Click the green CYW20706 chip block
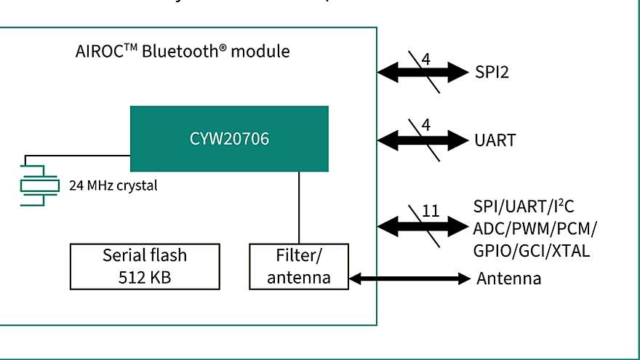pyautogui.click(x=229, y=138)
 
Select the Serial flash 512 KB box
pyautogui.click(x=144, y=265)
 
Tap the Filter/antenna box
pyautogui.click(x=299, y=266)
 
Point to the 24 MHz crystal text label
pyautogui.click(x=113, y=185)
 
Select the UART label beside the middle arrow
pyautogui.click(x=495, y=140)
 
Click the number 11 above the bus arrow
pyautogui.click(x=431, y=211)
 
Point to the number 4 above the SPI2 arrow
pyautogui.click(x=426, y=58)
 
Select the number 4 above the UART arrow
pyautogui.click(x=426, y=125)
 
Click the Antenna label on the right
pyautogui.click(x=508, y=279)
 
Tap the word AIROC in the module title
pyautogui.click(x=100, y=52)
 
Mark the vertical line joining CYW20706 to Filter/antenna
pyautogui.click(x=299, y=207)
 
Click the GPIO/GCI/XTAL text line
pyautogui.click(x=530, y=251)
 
